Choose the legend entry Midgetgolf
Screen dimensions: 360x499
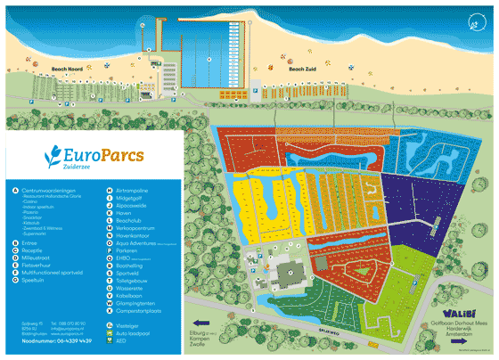[131, 198]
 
